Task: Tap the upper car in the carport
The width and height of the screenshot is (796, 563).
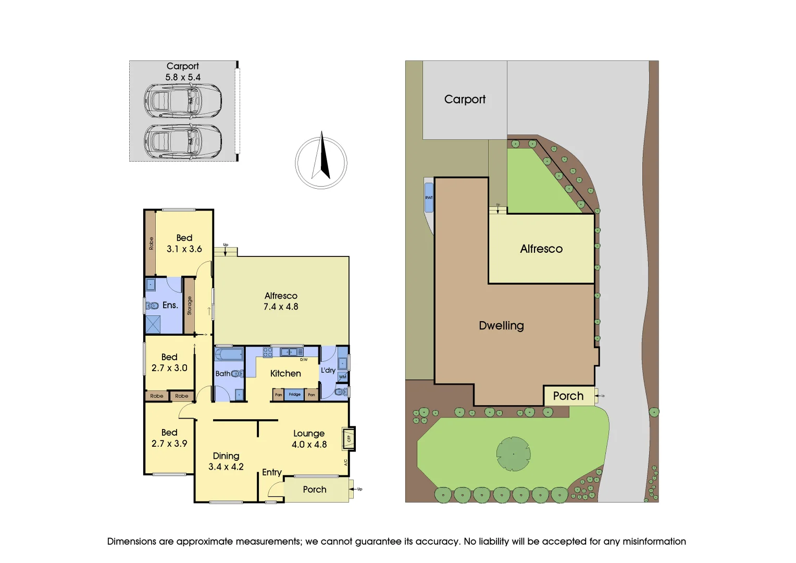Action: (x=183, y=100)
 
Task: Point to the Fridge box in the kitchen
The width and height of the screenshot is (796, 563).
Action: (x=294, y=394)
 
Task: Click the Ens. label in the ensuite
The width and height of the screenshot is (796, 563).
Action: (x=170, y=305)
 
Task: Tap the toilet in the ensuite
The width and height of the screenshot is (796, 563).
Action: (x=152, y=305)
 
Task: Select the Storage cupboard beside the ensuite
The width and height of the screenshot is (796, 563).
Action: (x=189, y=305)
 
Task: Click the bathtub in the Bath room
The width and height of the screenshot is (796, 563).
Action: (x=229, y=355)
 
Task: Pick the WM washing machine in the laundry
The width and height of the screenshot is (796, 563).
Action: (x=342, y=377)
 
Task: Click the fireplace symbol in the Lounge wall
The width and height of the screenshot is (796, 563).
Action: (x=349, y=438)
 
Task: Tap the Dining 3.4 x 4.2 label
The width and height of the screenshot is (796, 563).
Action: (x=226, y=461)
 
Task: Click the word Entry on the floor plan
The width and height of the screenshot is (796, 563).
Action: (x=272, y=472)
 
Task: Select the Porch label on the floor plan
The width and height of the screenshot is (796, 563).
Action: (x=315, y=489)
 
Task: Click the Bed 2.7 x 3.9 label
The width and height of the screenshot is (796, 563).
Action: (x=169, y=438)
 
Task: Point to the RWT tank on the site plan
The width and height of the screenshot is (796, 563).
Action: (x=429, y=198)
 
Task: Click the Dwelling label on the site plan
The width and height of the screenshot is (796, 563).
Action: (x=501, y=326)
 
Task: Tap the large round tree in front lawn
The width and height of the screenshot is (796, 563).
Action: (x=513, y=454)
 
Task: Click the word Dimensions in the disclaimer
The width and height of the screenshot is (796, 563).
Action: (x=131, y=542)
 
